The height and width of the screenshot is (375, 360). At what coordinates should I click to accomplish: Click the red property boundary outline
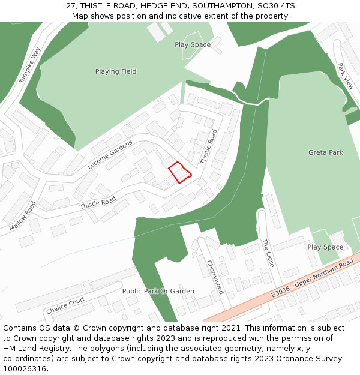click(179, 172)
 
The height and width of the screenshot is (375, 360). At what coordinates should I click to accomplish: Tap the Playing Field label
click(116, 71)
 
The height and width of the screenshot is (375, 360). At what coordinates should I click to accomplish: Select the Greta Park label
click(325, 152)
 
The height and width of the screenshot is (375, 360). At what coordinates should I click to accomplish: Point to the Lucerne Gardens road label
click(110, 154)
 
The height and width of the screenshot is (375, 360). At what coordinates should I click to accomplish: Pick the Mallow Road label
click(23, 215)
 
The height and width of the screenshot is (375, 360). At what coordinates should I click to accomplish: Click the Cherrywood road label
click(215, 277)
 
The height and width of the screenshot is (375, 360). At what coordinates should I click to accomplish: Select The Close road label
click(268, 253)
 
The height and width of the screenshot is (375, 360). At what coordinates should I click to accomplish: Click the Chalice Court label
click(65, 305)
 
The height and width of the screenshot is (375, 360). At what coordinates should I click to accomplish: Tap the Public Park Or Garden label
click(158, 291)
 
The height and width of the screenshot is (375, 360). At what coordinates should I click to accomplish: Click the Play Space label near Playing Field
click(193, 44)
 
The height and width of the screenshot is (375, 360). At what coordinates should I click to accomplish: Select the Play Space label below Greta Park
click(325, 247)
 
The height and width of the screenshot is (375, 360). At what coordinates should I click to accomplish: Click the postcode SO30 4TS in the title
click(274, 6)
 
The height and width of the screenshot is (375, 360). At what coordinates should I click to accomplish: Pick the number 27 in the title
click(71, 6)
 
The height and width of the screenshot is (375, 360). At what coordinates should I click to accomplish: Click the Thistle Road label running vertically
click(208, 147)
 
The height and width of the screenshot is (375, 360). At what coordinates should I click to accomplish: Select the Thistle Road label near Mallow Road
click(98, 203)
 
